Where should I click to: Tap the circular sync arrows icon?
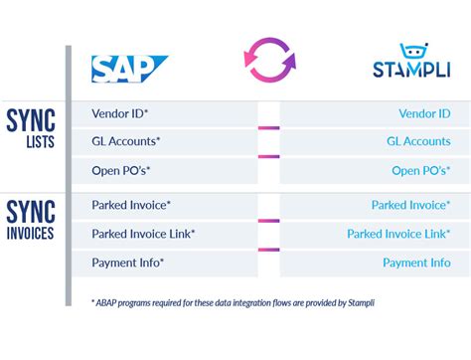pos(269,59)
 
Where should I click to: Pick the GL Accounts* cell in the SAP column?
pos(125,142)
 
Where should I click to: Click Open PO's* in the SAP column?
pos(121,170)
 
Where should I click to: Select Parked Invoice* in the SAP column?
pos(131,206)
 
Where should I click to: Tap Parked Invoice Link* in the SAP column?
pos(143,234)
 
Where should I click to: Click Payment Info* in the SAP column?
pos(127,263)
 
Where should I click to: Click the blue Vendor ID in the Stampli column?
pos(424,114)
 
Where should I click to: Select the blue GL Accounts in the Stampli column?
pos(418,142)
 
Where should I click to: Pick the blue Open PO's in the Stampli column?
pos(420,170)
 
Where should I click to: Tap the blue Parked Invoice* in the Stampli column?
pos(410,206)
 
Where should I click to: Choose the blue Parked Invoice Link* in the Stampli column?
pos(398,234)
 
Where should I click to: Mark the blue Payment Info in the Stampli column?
pos(416,263)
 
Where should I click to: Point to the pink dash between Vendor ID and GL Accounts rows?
pos(268,127)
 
